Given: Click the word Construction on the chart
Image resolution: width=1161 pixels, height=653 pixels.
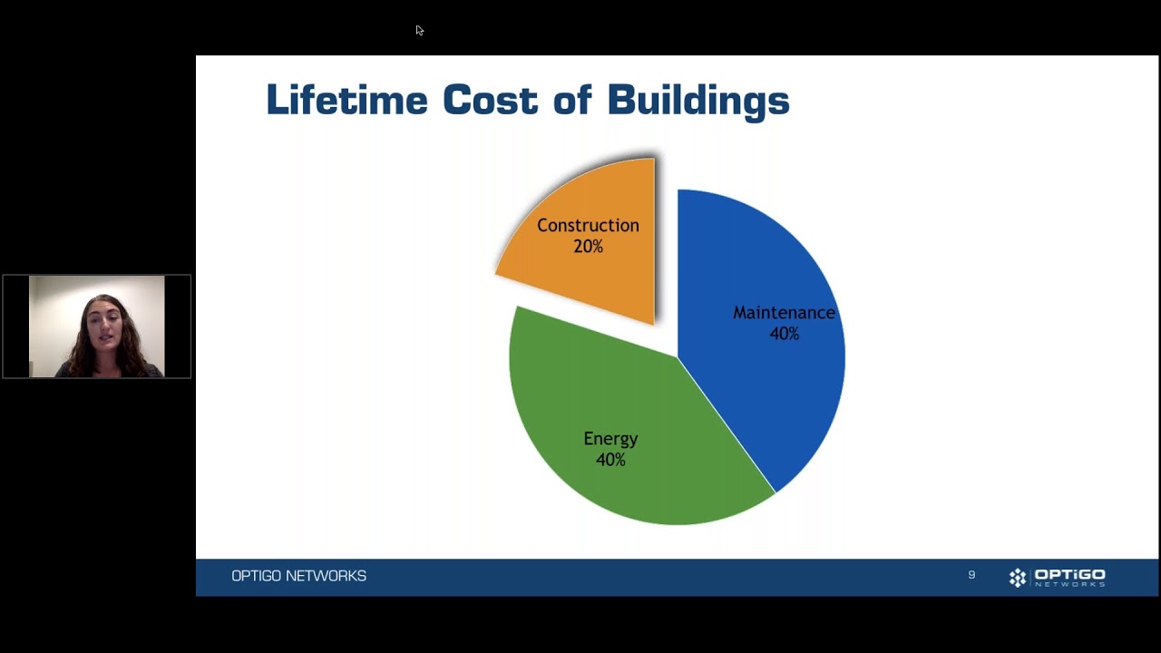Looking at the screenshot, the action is tap(588, 226).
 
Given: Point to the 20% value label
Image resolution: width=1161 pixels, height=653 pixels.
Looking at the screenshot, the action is tap(589, 246).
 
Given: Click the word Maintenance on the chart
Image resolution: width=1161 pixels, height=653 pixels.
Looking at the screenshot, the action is tap(784, 313).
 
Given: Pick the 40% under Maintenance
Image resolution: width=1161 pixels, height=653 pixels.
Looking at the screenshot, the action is tap(785, 333).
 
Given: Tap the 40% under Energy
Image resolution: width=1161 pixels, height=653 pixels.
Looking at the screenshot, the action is tap(610, 459).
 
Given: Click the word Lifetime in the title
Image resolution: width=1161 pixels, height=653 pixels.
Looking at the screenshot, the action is tap(346, 99).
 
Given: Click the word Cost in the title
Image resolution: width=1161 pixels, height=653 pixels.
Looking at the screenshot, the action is tap(491, 99).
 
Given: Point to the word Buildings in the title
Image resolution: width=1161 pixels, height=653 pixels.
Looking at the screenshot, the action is tap(698, 102).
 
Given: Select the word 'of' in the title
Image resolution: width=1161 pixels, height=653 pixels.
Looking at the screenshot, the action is tap(572, 99).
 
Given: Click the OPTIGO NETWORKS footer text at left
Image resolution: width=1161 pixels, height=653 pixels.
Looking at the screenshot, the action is tap(298, 576).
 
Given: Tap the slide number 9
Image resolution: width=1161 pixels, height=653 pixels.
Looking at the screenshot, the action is tap(971, 575).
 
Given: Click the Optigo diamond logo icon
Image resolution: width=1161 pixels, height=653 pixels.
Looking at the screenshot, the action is tap(1018, 578).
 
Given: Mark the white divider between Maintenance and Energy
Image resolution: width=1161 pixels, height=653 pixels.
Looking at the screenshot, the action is tap(727, 425).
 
